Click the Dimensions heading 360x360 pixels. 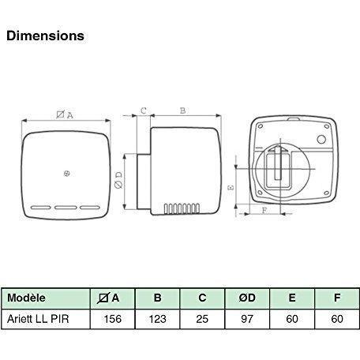pyautogui.click(x=44, y=36)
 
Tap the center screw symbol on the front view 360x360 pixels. pyautogui.click(x=66, y=174)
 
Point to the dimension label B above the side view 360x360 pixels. pyautogui.click(x=182, y=112)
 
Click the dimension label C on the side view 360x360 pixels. pyautogui.click(x=144, y=112)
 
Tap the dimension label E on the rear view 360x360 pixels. pyautogui.click(x=230, y=188)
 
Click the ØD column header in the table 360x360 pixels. pyautogui.click(x=246, y=298)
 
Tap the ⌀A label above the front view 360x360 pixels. pyautogui.click(x=66, y=114)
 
